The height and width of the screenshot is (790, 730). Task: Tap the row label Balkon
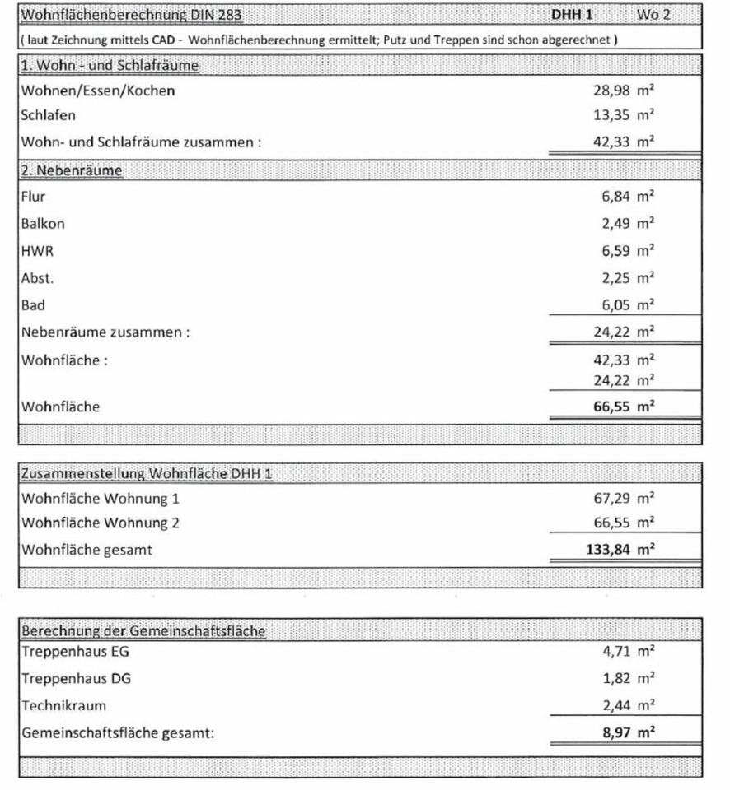click(43, 223)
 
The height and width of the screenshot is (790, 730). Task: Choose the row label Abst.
click(38, 278)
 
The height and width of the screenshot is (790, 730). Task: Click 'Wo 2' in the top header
click(653, 15)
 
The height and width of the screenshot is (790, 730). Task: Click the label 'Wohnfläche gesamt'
click(87, 550)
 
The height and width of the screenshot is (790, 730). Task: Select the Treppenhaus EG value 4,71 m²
click(627, 652)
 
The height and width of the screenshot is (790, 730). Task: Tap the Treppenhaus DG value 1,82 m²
click(627, 678)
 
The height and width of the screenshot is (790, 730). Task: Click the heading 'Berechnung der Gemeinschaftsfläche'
click(143, 631)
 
